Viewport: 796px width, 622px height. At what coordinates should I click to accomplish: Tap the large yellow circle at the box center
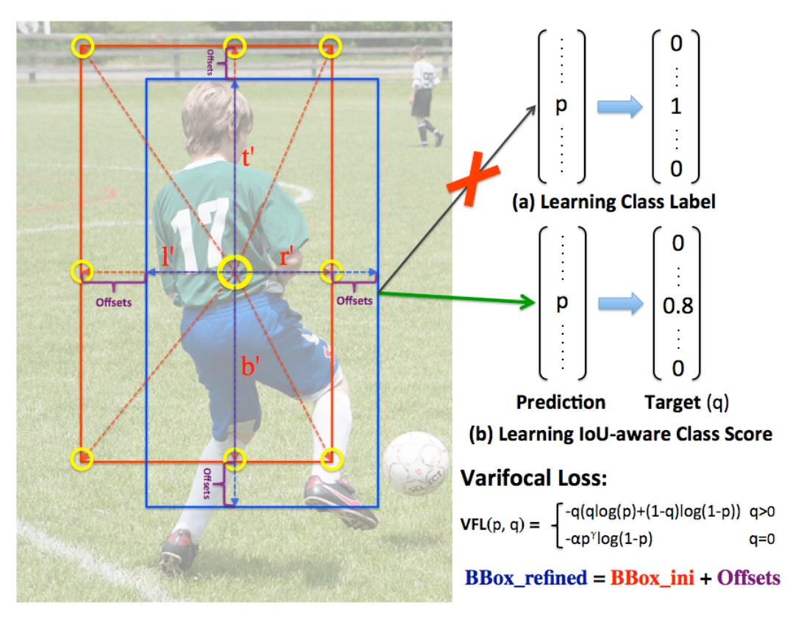click(234, 271)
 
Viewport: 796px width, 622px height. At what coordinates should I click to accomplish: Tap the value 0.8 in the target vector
click(677, 305)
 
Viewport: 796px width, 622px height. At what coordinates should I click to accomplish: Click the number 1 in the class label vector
click(676, 107)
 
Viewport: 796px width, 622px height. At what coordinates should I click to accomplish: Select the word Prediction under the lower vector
click(561, 402)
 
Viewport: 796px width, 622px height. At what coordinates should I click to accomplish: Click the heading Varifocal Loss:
click(533, 479)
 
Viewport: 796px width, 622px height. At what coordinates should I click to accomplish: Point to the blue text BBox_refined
click(525, 577)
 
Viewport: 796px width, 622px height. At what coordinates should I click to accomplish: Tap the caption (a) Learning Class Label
click(614, 202)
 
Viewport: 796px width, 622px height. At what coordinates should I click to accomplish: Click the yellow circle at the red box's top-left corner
click(83, 47)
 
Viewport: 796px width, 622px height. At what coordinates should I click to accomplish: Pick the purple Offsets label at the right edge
click(355, 300)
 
